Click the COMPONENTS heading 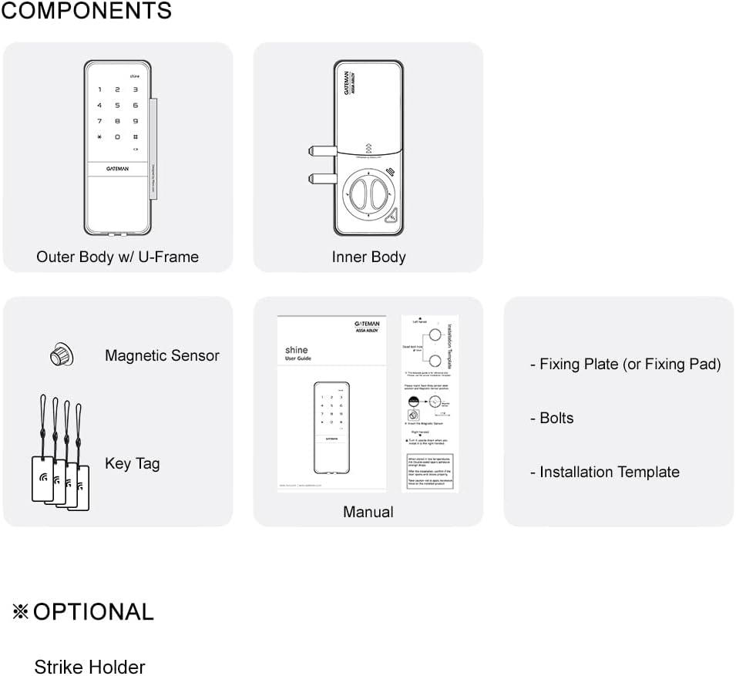coord(86,12)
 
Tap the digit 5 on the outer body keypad coord(117,105)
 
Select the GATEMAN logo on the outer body coord(117,166)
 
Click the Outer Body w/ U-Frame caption coord(117,257)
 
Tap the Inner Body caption coord(368,257)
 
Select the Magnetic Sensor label coord(162,355)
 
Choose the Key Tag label coord(132,463)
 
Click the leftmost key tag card coord(42,477)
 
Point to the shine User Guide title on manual coord(297,354)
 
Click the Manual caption coord(368,512)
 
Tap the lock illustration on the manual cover coord(332,429)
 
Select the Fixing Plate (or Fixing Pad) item coord(625,364)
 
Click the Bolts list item coord(552,418)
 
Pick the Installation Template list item coord(605,472)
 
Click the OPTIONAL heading coord(92,612)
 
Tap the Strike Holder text coord(89,666)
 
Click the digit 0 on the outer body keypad coord(117,136)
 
